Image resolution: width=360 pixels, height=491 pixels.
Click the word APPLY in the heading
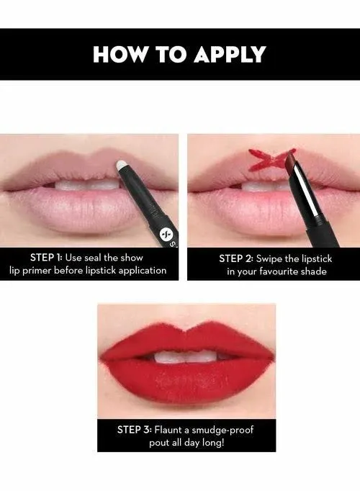pos(230,55)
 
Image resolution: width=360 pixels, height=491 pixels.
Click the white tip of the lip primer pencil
pos(121,166)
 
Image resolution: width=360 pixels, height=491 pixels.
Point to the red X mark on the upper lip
pos(266,160)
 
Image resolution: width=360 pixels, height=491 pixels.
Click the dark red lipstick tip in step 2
pos(290,160)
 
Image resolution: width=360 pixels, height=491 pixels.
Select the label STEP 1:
pos(46,258)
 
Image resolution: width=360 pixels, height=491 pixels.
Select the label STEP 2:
pos(236,258)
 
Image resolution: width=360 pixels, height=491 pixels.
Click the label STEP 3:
pos(135,430)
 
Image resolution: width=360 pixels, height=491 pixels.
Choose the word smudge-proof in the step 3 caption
pos(222,431)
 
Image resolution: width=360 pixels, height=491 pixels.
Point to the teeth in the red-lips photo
pos(186,358)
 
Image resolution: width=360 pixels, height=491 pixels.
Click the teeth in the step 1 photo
pos(87,184)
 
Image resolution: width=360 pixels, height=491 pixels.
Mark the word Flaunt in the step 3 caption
pos(168,430)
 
